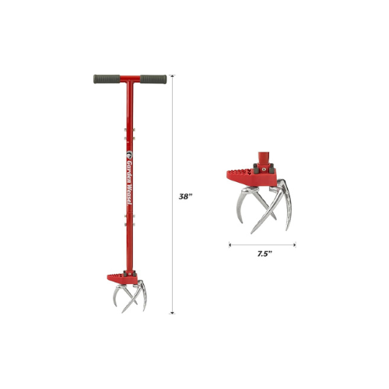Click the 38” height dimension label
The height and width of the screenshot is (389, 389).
pos(185,197)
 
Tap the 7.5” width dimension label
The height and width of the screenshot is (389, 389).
pos(265,254)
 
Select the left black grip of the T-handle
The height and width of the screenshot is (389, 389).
pos(107,79)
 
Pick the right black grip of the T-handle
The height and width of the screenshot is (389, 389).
pos(153,79)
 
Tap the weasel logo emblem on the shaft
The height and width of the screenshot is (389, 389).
pos(129,155)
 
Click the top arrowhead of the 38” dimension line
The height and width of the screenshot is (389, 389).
pos(172,76)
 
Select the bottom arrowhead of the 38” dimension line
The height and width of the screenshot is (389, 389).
pos(172,313)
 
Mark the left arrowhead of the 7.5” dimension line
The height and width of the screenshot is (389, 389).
pos(230,244)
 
